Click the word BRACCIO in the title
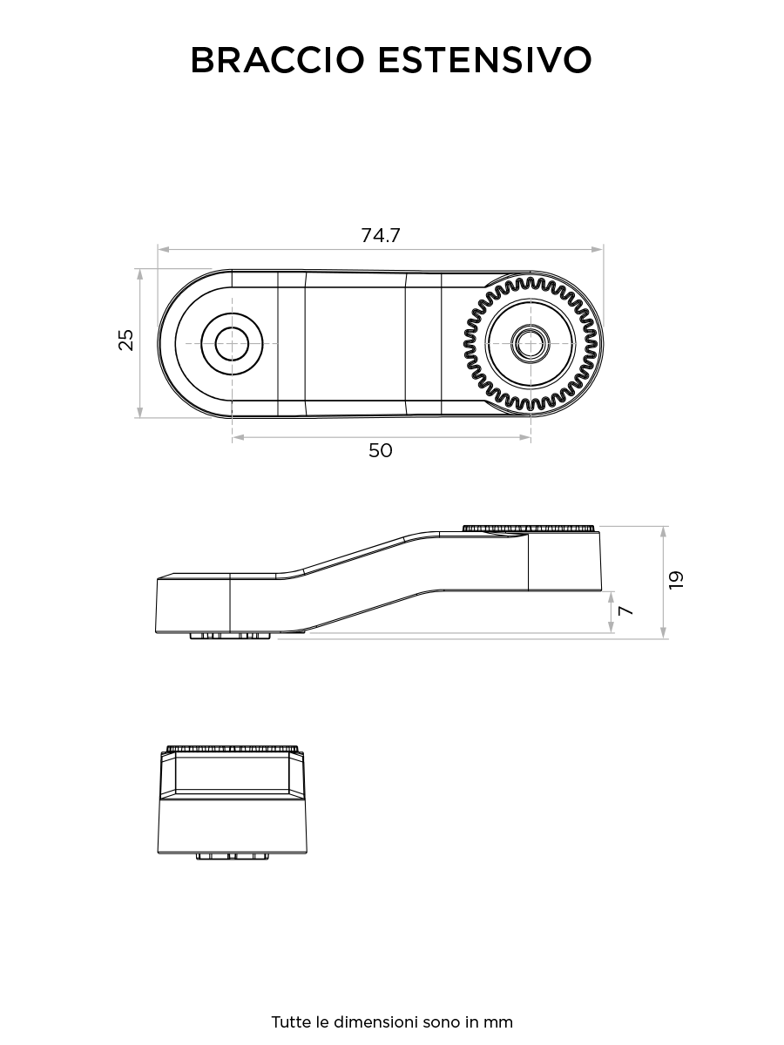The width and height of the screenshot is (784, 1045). point(278,60)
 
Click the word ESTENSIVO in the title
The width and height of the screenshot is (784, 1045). point(485,60)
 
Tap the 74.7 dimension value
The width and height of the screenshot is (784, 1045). point(381,235)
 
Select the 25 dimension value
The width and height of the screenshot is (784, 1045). point(126,340)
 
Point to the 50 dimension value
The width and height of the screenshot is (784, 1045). point(381,450)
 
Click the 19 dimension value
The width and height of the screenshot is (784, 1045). point(676,580)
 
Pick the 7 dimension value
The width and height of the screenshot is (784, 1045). point(625,610)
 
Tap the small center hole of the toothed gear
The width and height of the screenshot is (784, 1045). point(531,343)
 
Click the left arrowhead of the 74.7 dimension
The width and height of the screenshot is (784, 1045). point(164,249)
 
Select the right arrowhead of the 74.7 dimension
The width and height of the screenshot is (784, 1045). point(598,249)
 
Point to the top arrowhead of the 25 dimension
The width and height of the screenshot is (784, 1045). point(139,274)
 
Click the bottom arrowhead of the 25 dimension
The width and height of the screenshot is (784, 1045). point(139,412)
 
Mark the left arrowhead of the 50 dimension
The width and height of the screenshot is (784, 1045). point(238,437)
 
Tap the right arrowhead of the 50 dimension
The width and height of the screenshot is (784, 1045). point(525,437)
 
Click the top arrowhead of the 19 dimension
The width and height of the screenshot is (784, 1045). point(664,533)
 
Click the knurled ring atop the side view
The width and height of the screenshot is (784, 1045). point(529,528)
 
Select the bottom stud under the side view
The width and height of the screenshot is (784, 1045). point(231,636)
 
